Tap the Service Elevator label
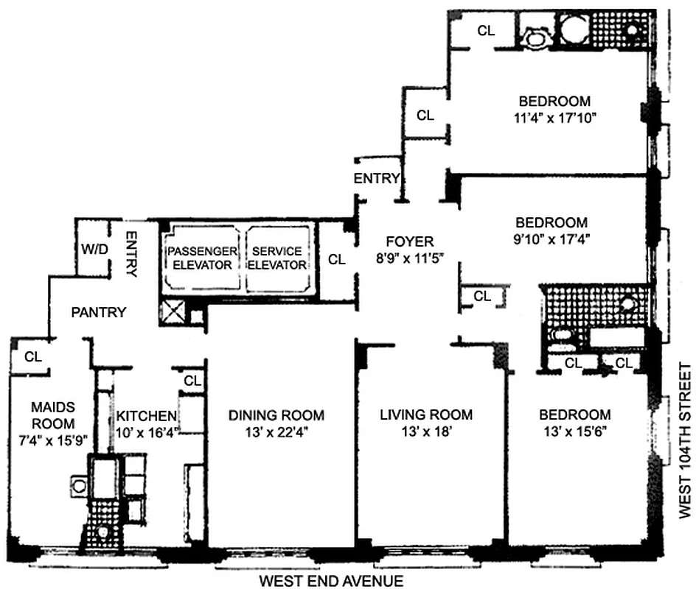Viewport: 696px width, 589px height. point(277,258)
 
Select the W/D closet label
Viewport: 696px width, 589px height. point(95,250)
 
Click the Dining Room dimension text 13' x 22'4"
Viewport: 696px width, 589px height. point(276,433)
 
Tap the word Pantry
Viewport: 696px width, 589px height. point(98,312)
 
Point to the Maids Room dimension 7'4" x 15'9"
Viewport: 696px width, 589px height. point(53,440)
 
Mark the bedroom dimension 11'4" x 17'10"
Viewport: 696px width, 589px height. point(554,117)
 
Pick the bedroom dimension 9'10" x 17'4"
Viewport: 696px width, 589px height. point(551,239)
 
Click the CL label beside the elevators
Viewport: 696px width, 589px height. point(336,259)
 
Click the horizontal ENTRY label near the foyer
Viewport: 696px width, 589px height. point(377,178)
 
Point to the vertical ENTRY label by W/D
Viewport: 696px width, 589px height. point(132,254)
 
